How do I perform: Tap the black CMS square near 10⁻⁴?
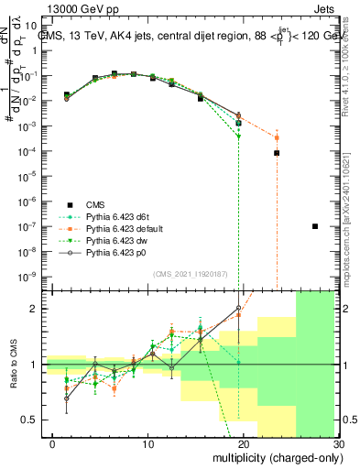pyautogui.click(x=277, y=153)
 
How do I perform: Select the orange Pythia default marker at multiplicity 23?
pyautogui.click(x=277, y=138)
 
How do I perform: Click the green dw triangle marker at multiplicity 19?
pyautogui.click(x=238, y=136)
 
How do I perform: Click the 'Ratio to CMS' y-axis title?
pyautogui.click(x=13, y=364)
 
